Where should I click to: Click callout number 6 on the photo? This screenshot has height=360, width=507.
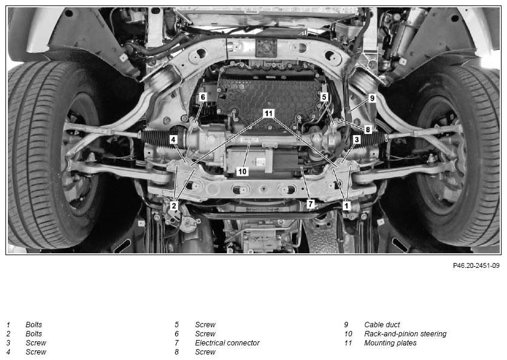tap(203, 97)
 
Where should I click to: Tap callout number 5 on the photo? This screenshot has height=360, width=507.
tap(324, 97)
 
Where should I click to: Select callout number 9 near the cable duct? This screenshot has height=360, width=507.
tap(372, 98)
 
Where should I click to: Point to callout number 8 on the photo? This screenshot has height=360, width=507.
tap(368, 130)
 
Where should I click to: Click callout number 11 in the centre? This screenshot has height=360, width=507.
tap(268, 113)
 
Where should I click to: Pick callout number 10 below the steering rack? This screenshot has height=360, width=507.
tap(242, 172)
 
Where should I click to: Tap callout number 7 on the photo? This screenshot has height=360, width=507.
tap(311, 204)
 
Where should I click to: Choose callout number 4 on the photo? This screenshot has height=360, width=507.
tap(174, 140)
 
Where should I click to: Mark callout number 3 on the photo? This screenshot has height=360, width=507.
tap(357, 140)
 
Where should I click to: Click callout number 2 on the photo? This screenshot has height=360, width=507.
tap(174, 205)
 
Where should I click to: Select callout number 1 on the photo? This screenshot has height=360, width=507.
tap(346, 205)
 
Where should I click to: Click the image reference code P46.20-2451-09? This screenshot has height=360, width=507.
tap(476, 265)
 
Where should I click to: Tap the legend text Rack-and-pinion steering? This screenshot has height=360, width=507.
tap(405, 334)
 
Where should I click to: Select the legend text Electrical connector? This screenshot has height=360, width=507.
tap(227, 343)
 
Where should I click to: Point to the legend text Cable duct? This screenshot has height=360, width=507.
tap(382, 324)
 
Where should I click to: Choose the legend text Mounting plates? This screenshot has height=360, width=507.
tap(390, 343)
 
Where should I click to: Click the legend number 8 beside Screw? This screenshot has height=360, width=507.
tap(176, 352)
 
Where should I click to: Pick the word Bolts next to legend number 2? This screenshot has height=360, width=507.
tap(34, 334)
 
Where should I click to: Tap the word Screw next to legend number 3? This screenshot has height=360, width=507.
tap(36, 343)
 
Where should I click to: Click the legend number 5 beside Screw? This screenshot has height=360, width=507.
tap(176, 325)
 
